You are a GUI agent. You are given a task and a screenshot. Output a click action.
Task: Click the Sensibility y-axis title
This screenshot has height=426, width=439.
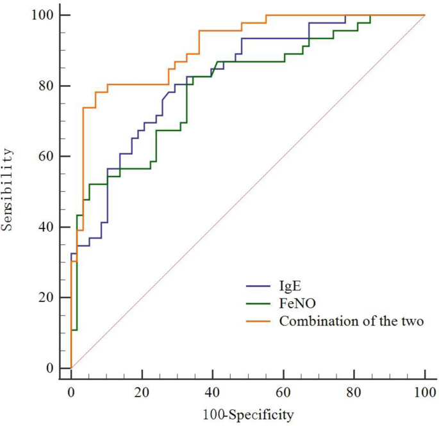pos(9,191)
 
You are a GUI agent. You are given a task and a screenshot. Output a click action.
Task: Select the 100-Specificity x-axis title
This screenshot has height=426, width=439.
pos(248,415)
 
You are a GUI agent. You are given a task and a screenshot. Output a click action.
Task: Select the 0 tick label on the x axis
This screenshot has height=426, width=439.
pos(71,391)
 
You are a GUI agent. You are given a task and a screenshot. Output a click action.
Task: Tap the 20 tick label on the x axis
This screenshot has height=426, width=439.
pos(142,391)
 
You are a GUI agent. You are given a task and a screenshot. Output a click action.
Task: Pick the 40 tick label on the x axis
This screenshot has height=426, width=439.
pos(213,391)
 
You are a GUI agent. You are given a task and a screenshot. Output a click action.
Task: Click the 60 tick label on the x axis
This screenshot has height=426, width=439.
pos(283,391)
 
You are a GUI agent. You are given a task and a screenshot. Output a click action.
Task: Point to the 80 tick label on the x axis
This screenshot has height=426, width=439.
pos(354,391)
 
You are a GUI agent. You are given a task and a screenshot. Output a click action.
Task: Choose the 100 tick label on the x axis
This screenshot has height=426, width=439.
pos(425,391)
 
